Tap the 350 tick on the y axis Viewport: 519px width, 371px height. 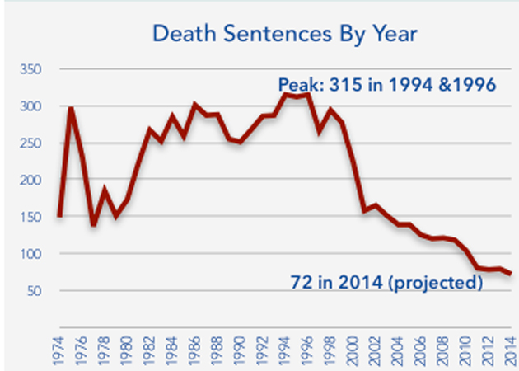tap(32, 70)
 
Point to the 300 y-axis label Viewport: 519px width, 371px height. tap(32, 107)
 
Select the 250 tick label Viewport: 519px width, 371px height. tap(32, 143)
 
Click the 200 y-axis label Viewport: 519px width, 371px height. tap(32, 181)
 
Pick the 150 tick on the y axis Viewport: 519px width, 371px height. tap(32, 218)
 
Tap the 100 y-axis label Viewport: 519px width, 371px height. tap(32, 255)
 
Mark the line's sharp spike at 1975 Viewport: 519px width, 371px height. tap(71, 108)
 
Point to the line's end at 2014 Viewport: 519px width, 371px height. tap(511, 274)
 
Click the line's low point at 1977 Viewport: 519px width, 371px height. tap(93, 223)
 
